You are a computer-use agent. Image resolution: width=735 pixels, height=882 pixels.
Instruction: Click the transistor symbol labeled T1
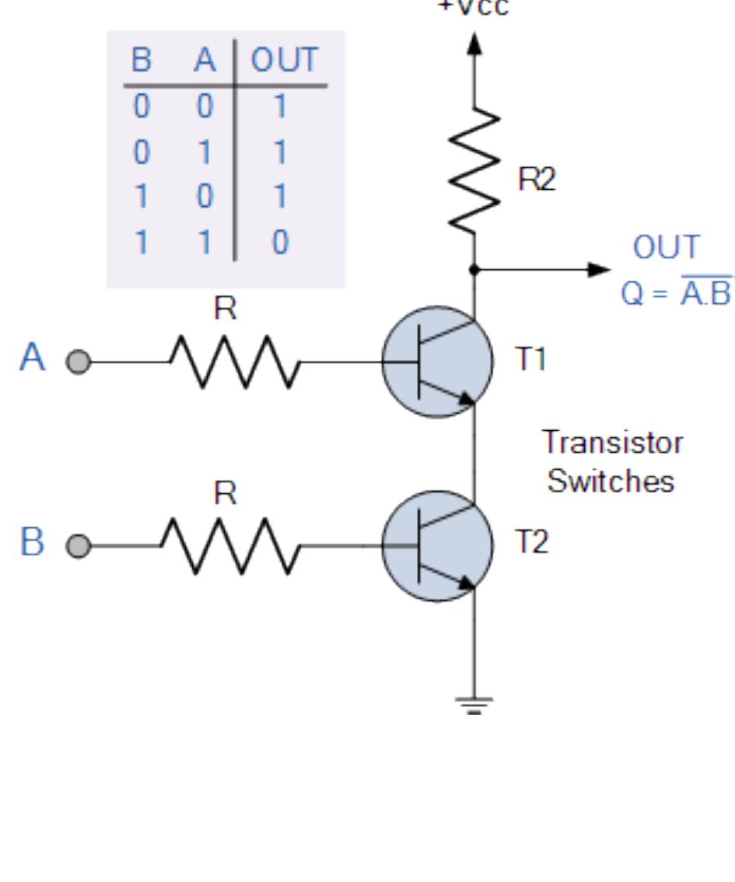pos(437,362)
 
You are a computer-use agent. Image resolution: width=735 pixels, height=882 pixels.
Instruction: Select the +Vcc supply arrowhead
pos(474,43)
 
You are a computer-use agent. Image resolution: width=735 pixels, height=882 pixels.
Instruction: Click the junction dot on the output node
pos(474,270)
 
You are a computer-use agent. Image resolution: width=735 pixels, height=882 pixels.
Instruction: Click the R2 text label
pos(537,180)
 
